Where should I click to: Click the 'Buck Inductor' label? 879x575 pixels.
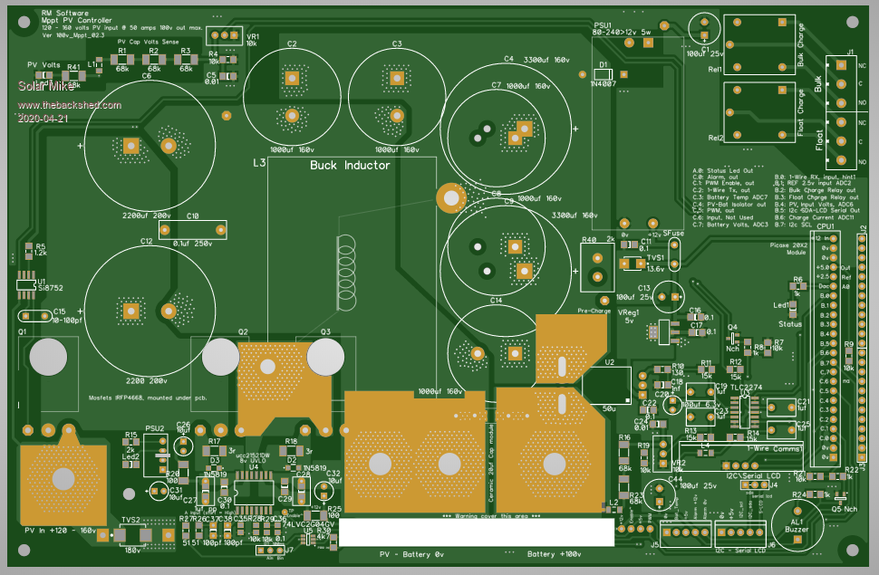350,165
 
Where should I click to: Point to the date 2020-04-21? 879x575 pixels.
42,118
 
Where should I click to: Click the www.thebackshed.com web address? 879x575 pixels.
69,105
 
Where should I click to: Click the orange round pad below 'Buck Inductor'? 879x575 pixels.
449,196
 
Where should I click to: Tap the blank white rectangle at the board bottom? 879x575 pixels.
477,532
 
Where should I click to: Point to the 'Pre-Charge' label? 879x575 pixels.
594,311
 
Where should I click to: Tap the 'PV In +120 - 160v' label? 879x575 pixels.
60,530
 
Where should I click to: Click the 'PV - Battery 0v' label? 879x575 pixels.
412,553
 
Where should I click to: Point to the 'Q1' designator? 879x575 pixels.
23,331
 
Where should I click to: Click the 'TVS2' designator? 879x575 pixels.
130,520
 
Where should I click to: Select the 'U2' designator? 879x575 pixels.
610,362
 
